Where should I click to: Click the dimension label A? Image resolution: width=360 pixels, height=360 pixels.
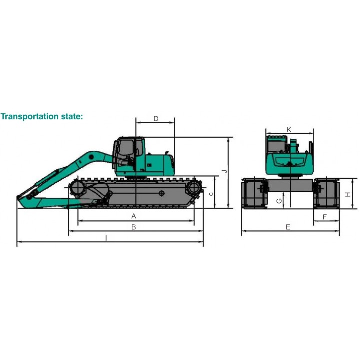coord(134,216)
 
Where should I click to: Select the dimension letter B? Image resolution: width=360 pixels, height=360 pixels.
coord(134,227)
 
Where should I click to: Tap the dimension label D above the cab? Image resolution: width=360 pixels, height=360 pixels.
coord(156,119)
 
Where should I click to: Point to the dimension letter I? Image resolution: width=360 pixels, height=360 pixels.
coord(106,238)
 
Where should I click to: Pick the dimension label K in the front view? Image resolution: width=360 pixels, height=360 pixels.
coord(289,130)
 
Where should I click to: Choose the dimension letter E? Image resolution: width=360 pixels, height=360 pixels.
coord(288,227)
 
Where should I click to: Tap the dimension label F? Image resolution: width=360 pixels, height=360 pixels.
coord(325,217)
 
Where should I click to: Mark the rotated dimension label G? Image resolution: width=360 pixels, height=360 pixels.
coord(279,201)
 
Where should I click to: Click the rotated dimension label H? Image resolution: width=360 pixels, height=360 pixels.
coord(348,194)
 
